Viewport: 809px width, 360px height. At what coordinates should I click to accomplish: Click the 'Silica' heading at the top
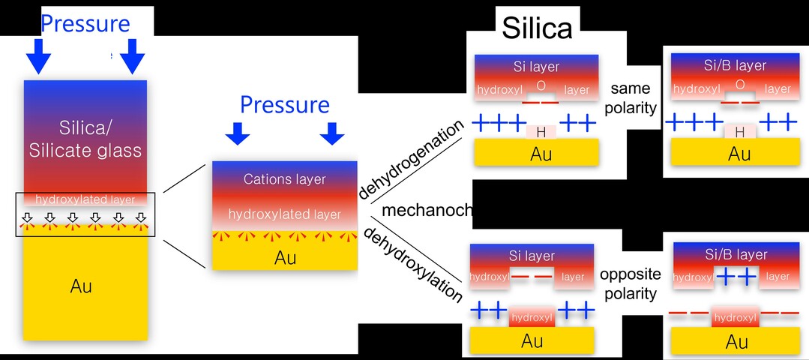click(x=537, y=28)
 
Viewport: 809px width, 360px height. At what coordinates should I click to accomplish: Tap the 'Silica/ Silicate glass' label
click(x=85, y=138)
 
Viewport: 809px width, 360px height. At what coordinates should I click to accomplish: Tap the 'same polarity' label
click(x=633, y=97)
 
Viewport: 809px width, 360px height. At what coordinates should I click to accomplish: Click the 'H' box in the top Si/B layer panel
click(x=739, y=132)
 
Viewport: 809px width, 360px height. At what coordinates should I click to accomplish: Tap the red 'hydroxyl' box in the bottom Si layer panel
click(x=532, y=317)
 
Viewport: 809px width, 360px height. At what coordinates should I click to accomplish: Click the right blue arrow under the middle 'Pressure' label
click(x=331, y=133)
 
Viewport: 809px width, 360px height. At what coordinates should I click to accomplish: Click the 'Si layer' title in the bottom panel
click(x=532, y=256)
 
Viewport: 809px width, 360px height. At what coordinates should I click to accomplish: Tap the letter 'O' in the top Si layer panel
click(x=541, y=86)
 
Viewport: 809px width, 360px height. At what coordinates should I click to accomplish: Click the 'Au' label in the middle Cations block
click(x=285, y=258)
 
